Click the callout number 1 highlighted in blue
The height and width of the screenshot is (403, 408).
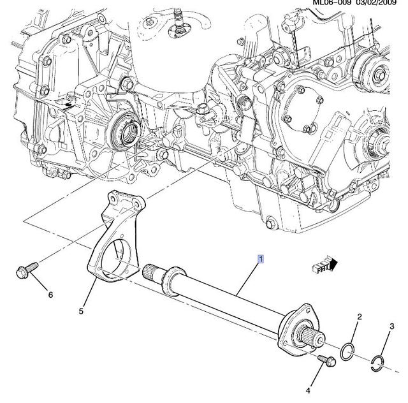(259, 258)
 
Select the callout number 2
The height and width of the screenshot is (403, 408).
(359, 317)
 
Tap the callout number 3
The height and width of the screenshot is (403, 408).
(392, 328)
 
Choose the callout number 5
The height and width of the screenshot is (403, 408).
(82, 311)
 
